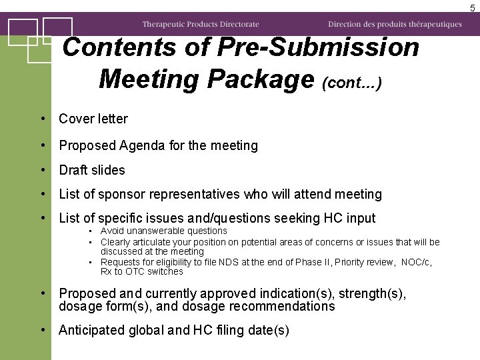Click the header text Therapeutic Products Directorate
[200, 24]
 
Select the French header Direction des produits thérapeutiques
[395, 24]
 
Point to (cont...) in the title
[351, 83]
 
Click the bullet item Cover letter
[93, 119]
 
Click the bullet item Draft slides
[92, 170]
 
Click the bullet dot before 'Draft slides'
[42, 170]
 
